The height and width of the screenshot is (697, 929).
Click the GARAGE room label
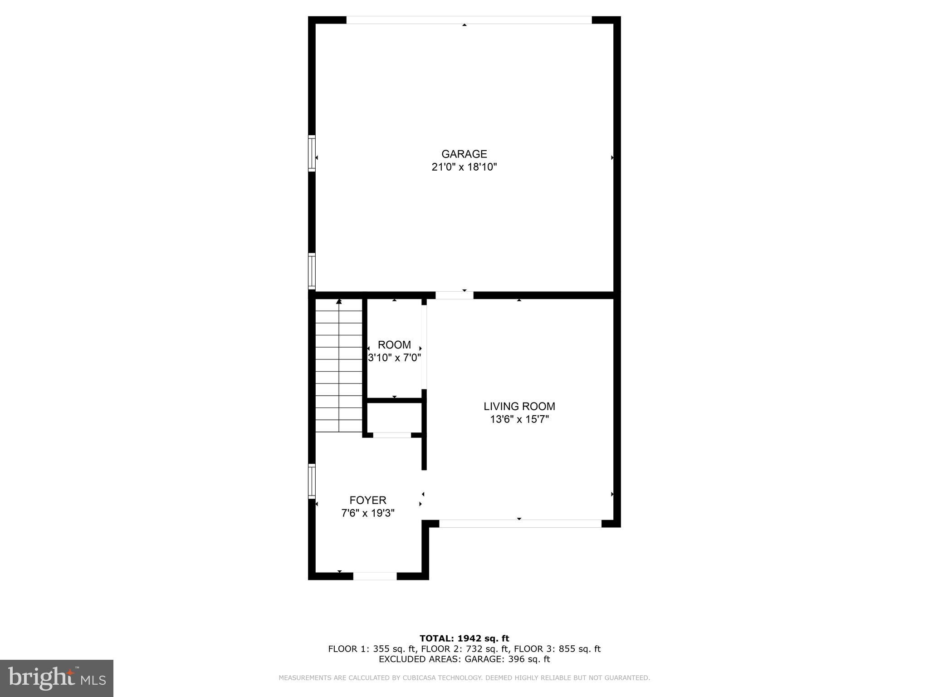coord(464,154)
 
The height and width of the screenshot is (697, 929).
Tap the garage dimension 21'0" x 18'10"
coord(464,167)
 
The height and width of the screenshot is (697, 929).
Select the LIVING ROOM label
coord(519,406)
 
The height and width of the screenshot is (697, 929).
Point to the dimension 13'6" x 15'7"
coord(519,419)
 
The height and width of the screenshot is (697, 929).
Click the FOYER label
coord(367,500)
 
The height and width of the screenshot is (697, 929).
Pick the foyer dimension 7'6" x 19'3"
coord(367,513)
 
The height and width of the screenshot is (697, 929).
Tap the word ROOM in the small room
coord(394,344)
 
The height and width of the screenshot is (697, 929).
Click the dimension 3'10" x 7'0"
coord(394,358)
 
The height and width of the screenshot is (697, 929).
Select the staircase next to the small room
coord(339,365)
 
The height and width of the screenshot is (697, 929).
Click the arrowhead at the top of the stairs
coord(339,301)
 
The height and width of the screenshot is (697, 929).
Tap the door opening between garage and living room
coord(454,295)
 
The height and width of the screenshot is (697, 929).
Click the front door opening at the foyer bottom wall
coord(375,576)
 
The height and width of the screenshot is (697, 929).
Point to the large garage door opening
coord(469,20)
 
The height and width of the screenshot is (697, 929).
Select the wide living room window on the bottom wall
coord(520,524)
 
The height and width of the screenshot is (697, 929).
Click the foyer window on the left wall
coord(312,481)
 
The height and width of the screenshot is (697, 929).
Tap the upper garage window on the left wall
coord(312,153)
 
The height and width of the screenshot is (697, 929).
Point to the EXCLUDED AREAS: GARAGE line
coord(464,659)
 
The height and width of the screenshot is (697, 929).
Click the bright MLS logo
coord(57,678)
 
